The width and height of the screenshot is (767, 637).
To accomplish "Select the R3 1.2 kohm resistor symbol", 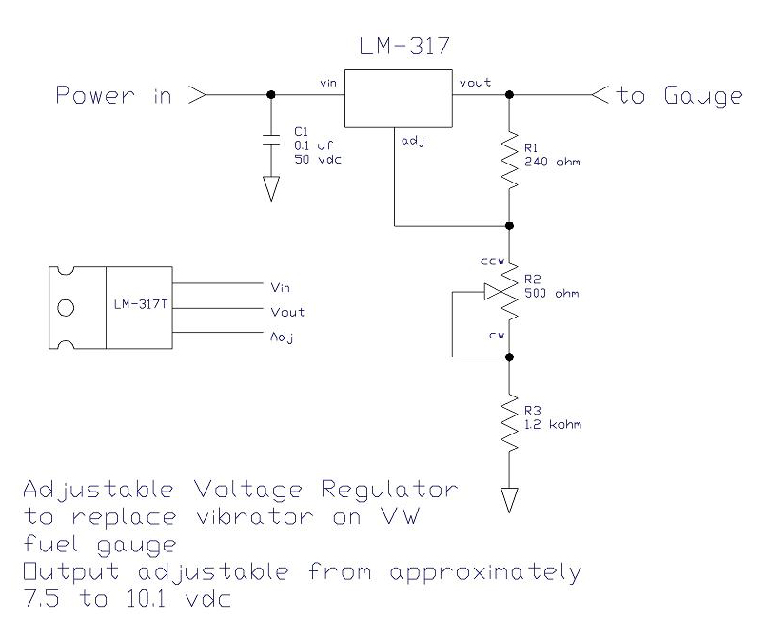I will (x=510, y=418).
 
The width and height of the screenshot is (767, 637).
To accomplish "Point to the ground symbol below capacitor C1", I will (x=271, y=188).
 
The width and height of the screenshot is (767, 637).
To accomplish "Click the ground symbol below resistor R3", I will (x=510, y=497).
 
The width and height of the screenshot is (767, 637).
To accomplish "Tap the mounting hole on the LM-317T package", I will (x=66, y=308).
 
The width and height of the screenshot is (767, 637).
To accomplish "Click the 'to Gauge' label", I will (x=679, y=96).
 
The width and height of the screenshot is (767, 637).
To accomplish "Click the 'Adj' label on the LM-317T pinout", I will (x=282, y=336).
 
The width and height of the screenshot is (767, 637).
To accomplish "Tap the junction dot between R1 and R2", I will (x=510, y=226).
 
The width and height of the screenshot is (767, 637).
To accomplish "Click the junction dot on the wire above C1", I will (x=271, y=94).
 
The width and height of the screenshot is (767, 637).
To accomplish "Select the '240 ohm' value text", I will (x=552, y=162).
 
